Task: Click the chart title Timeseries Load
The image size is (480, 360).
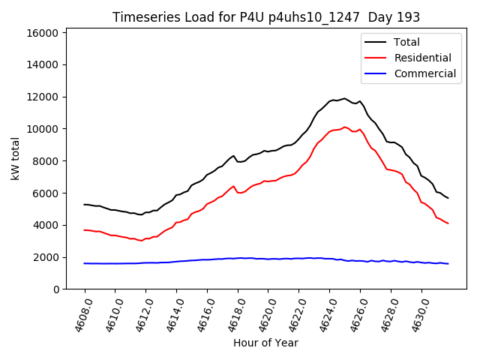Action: pos(266,16)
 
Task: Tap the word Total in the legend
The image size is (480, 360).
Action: pos(407,42)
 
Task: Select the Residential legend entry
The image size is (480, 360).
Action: pos(423,58)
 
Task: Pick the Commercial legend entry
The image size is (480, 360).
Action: pos(425,73)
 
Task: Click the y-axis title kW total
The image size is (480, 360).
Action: pos(16,158)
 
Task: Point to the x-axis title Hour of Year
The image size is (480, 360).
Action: pos(265,343)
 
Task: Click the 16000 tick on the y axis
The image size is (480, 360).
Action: pos(43,33)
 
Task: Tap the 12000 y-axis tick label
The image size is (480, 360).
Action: pos(43,97)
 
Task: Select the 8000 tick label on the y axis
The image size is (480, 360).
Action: pos(46,161)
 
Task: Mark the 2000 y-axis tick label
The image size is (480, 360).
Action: pos(46,257)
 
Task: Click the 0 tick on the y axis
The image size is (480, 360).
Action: pos(55,289)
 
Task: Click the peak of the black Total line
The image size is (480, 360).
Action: pos(345,98)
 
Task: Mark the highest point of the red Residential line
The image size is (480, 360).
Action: pos(345,127)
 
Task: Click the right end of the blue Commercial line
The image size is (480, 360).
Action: pos(448,263)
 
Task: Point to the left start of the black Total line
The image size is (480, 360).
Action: pos(84,204)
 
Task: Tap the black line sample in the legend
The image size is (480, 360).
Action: pos(376,42)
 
